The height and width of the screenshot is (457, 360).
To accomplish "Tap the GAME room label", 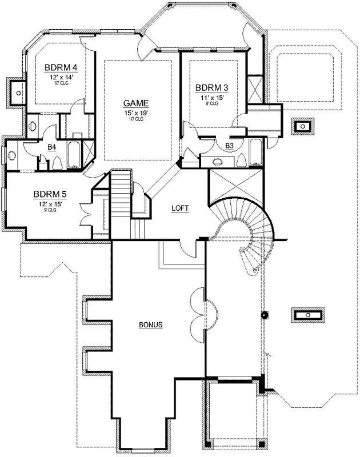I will tap(136, 103).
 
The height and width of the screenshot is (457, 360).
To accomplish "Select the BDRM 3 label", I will tap(211, 87).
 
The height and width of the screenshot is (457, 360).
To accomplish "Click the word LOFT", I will tap(181, 209).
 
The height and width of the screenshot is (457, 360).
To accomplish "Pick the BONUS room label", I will tap(151, 324).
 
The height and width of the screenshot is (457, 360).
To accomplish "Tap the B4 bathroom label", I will tap(51, 147).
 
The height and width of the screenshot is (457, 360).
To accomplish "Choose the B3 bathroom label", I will tap(230, 147).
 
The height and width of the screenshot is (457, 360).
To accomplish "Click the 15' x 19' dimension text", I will tap(136, 112).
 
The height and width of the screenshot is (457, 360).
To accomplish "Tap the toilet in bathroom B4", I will tap(56, 163).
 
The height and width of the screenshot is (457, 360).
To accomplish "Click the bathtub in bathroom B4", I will tap(74, 154).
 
